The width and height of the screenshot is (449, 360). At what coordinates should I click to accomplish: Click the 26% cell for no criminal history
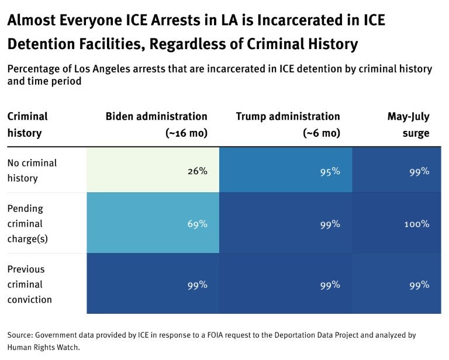click(x=197, y=171)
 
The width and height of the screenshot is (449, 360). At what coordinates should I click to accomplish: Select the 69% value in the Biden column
click(x=197, y=224)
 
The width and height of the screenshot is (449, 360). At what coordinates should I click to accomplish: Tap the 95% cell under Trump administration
click(x=330, y=171)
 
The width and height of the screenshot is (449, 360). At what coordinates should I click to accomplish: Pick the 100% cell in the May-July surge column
click(x=416, y=224)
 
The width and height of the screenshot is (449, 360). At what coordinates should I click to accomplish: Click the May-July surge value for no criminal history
click(x=419, y=171)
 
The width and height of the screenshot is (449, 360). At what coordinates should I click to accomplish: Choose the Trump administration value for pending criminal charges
click(x=330, y=224)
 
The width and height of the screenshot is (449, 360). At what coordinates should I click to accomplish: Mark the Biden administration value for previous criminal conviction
click(x=197, y=285)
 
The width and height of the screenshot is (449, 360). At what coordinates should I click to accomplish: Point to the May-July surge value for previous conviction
click(x=419, y=285)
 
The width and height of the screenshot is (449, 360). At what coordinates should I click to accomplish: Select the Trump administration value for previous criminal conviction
click(x=330, y=285)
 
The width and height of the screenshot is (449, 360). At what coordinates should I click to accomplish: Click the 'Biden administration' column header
click(x=156, y=116)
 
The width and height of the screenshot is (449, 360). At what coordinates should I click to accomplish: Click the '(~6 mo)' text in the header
click(x=321, y=133)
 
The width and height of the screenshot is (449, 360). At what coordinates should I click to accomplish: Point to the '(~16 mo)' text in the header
click(x=186, y=133)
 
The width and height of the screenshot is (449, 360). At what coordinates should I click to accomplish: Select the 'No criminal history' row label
click(x=32, y=171)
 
